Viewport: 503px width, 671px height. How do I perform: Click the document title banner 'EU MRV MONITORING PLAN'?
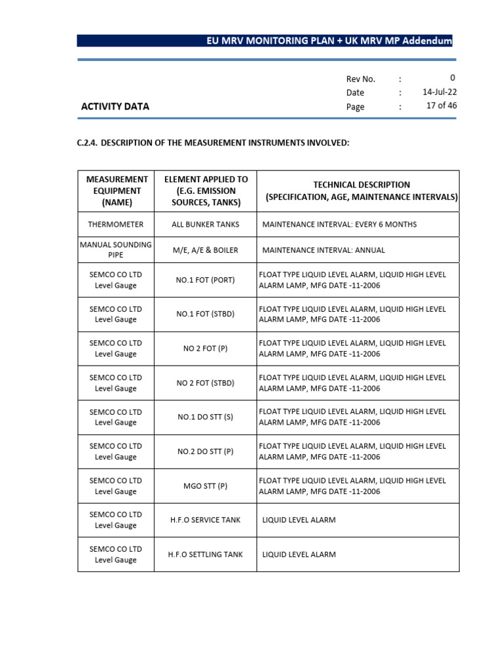[x=328, y=41]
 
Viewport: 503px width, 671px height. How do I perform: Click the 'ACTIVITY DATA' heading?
[x=115, y=106]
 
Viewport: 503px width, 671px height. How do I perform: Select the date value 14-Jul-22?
[x=439, y=92]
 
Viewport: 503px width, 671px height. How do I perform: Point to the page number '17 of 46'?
[x=441, y=106]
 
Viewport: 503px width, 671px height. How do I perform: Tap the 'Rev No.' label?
[x=360, y=79]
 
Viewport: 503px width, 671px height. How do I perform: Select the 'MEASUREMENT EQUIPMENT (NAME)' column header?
[x=116, y=191]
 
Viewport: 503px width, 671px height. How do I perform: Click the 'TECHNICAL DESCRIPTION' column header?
[x=362, y=191]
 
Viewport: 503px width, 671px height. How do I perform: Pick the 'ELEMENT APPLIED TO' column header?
[x=206, y=191]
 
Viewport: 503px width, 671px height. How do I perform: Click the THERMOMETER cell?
[x=116, y=224]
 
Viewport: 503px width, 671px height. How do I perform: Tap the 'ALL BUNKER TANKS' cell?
[x=206, y=224]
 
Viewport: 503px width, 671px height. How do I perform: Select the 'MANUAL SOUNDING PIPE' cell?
[x=116, y=250]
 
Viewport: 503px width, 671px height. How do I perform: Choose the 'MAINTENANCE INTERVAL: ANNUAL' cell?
[x=324, y=250]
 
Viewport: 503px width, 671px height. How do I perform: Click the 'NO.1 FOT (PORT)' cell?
[x=206, y=280]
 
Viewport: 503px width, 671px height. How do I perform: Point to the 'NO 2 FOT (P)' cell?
[x=206, y=349]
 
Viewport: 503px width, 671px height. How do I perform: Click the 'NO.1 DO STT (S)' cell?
[x=206, y=417]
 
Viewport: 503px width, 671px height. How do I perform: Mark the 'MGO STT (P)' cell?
[x=206, y=486]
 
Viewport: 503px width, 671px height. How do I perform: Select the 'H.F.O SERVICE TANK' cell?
[x=206, y=520]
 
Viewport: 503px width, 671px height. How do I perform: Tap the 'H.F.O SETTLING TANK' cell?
[x=206, y=554]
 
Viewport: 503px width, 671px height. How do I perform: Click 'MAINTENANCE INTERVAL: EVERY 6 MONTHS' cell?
[x=339, y=224]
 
